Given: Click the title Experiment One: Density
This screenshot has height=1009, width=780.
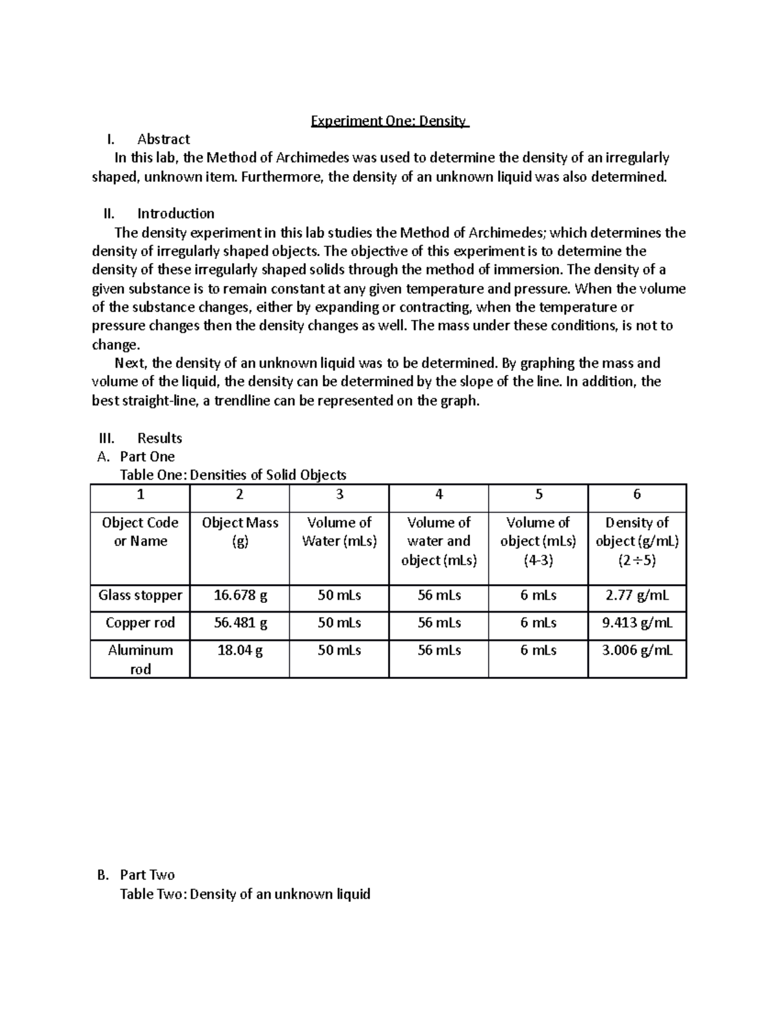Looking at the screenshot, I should pyautogui.click(x=389, y=121).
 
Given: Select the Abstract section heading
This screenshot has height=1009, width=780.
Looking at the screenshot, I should pyautogui.click(x=163, y=139).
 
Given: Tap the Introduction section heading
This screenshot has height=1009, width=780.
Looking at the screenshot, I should pyautogui.click(x=175, y=214).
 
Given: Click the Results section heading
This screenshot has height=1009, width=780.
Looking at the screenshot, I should pyautogui.click(x=159, y=438).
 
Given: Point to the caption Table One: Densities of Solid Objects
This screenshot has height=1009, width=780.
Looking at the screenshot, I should pyautogui.click(x=233, y=475).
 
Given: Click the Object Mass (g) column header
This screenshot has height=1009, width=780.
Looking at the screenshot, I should pyautogui.click(x=240, y=531).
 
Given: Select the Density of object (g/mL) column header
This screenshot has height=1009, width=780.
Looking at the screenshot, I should pyautogui.click(x=637, y=541).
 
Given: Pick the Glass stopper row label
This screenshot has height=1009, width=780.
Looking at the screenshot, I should pyautogui.click(x=140, y=595).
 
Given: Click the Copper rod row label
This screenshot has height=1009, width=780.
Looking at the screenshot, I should pyautogui.click(x=140, y=622).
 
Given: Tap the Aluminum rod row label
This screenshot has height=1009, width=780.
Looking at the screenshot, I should pyautogui.click(x=140, y=659).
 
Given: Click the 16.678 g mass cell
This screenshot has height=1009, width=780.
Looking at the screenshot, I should pyautogui.click(x=240, y=595).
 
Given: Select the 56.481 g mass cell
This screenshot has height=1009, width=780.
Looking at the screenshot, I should pyautogui.click(x=240, y=622).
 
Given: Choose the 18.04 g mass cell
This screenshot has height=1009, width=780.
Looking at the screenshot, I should pyautogui.click(x=240, y=650).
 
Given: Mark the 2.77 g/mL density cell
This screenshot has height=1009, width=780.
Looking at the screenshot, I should pyautogui.click(x=637, y=595).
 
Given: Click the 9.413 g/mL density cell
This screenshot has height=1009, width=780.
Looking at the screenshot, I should pyautogui.click(x=637, y=622).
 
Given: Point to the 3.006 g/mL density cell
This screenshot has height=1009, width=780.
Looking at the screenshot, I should pyautogui.click(x=637, y=650).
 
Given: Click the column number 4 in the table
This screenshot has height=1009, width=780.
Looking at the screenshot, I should pyautogui.click(x=439, y=494).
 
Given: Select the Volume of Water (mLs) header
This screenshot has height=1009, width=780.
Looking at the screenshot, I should pyautogui.click(x=339, y=531).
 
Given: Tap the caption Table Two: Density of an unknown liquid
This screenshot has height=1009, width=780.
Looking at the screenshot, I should pyautogui.click(x=245, y=894).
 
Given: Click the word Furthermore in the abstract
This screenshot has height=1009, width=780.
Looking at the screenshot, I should pyautogui.click(x=282, y=177).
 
